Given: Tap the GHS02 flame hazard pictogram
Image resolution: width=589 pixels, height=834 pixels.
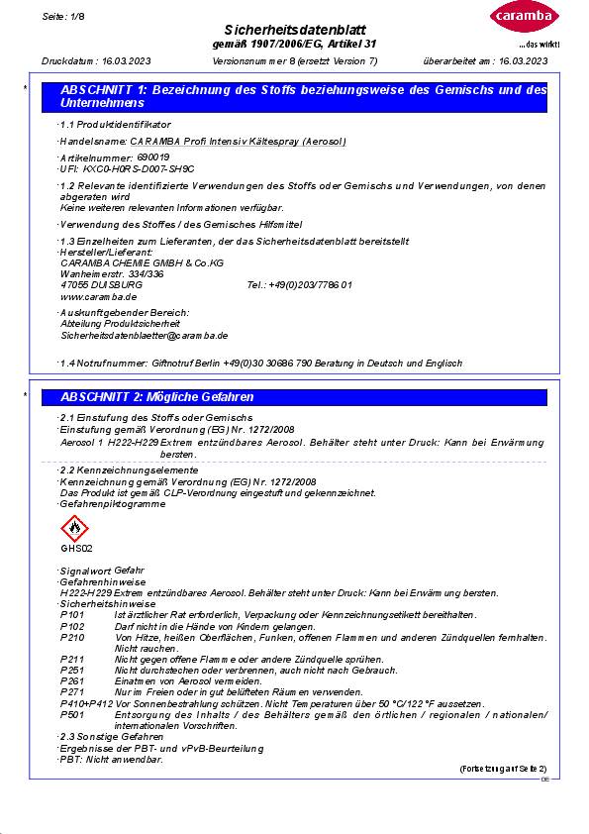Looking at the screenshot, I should (x=75, y=529).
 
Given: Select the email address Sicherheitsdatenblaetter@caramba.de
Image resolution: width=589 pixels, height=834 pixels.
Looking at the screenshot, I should (x=145, y=336).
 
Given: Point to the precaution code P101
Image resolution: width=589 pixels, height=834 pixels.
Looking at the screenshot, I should (x=72, y=615).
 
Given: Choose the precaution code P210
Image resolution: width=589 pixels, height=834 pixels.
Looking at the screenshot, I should (x=72, y=638).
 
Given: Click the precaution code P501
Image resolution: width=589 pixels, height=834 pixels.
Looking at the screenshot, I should (x=72, y=714).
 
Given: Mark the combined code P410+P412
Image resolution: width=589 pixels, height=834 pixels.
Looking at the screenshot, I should (x=86, y=703).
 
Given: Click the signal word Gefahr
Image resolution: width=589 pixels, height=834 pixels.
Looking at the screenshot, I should (x=130, y=571).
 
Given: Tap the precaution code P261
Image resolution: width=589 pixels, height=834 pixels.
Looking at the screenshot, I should (x=72, y=681).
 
